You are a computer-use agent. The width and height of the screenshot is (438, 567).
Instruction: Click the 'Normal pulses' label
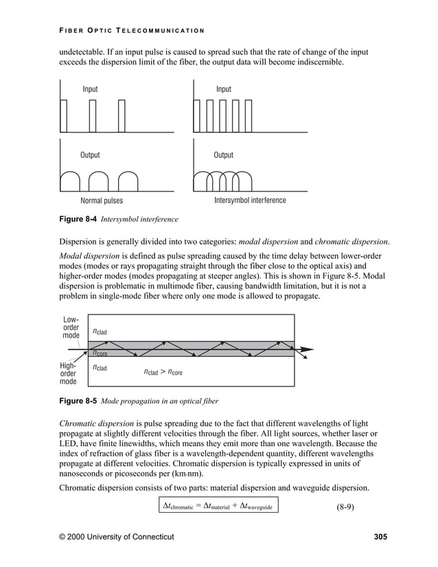[102, 201]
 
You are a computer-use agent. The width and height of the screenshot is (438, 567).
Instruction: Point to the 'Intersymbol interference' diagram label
[250, 200]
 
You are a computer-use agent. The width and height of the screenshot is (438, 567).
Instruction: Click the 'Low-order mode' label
[71, 327]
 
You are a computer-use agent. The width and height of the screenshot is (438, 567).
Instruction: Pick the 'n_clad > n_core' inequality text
[163, 373]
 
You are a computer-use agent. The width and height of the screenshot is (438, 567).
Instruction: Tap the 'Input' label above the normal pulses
[90, 89]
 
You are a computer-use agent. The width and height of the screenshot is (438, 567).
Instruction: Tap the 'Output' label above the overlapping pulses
[223, 155]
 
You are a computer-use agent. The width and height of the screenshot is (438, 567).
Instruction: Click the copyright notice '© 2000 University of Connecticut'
[117, 536]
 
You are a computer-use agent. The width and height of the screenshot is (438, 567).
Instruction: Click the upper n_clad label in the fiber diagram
[100, 332]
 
